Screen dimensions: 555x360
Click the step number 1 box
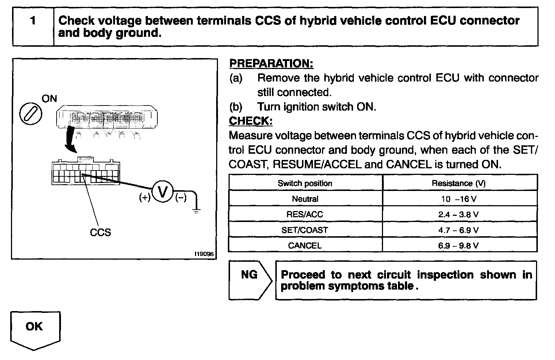(x=33, y=27)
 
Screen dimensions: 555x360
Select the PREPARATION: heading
(x=271, y=64)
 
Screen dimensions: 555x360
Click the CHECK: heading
(x=250, y=121)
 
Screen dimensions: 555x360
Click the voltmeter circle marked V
(x=163, y=191)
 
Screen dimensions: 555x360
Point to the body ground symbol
(x=196, y=211)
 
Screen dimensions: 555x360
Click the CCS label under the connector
(x=100, y=232)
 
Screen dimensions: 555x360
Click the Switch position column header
(x=305, y=183)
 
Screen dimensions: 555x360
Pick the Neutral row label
(x=305, y=199)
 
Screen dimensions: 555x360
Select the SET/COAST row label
(x=305, y=230)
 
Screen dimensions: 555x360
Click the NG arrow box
(x=250, y=280)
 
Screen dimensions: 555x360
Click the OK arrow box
(x=35, y=329)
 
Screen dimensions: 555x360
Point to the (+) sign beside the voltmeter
(x=145, y=198)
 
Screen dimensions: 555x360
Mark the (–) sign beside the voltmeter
(x=181, y=198)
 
